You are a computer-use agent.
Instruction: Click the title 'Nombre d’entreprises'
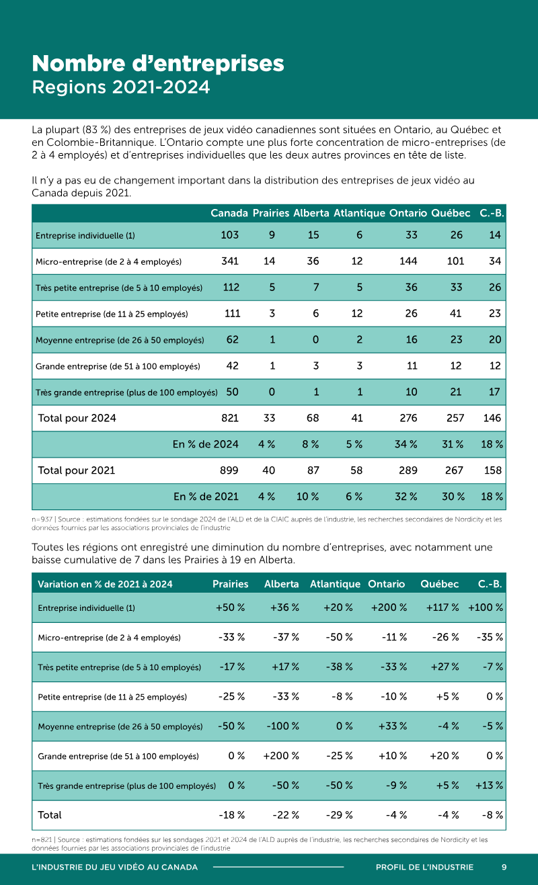point(158,64)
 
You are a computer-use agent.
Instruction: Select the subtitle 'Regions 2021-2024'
point(120,87)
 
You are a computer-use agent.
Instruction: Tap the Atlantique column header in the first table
point(359,213)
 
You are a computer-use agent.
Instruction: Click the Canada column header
point(229,213)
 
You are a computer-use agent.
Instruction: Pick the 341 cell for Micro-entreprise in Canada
point(230,261)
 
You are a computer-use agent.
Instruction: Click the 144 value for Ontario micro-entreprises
point(408,261)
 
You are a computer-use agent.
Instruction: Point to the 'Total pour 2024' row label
point(77,418)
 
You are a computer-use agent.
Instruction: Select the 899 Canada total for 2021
point(229,470)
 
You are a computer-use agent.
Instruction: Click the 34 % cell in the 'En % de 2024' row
point(406,444)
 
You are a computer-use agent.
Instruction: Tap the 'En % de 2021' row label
point(206,496)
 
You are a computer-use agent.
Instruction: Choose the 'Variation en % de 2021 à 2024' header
point(105,585)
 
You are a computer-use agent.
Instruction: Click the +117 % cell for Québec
point(443,607)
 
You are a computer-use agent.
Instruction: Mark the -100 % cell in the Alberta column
point(282,726)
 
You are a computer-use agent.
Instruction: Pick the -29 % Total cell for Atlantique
point(339,814)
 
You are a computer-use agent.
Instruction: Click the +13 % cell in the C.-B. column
point(489,785)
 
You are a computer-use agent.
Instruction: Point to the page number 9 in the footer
point(504,867)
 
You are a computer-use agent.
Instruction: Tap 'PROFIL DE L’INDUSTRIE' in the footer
point(424,867)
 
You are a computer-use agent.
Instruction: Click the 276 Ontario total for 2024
point(408,418)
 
